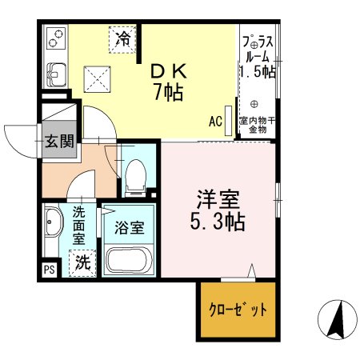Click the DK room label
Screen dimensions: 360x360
point(170,71)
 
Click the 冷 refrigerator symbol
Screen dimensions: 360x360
point(122,38)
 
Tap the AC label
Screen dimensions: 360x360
point(215,122)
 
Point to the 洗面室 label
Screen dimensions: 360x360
point(79,226)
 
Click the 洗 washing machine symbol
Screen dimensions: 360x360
point(82,261)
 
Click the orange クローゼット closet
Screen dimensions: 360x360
point(238,308)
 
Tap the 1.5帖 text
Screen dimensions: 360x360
point(258,72)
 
